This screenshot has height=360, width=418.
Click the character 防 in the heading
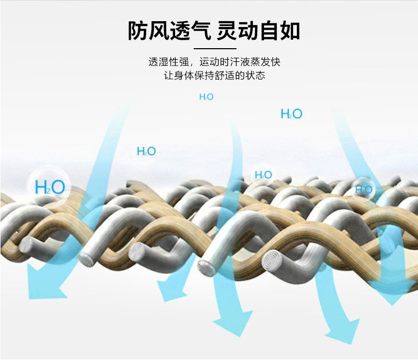(x=138, y=31)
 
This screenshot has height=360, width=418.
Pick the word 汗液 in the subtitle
(x=234, y=62)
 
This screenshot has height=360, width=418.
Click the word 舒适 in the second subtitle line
(x=224, y=76)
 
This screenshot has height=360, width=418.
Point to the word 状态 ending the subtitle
(x=254, y=76)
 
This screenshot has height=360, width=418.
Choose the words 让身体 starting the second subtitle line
(x=178, y=76)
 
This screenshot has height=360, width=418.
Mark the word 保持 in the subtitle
(x=204, y=76)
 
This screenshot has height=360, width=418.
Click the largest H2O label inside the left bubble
(x=50, y=187)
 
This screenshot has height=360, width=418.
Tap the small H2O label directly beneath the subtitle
(x=206, y=97)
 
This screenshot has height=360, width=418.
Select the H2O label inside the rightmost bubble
(x=364, y=190)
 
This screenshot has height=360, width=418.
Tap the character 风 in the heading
(x=159, y=31)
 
